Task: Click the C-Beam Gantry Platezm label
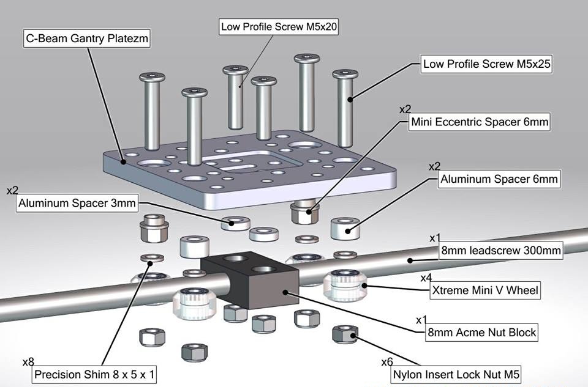[88, 39]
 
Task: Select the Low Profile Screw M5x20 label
[279, 27]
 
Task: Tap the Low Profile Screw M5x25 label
[486, 64]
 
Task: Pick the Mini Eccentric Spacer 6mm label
[479, 122]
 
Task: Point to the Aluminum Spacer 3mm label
[77, 202]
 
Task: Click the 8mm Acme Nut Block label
[482, 333]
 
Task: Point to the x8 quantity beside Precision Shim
[28, 362]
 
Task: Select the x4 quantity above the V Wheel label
[426, 278]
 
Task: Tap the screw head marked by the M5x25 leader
[345, 75]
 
